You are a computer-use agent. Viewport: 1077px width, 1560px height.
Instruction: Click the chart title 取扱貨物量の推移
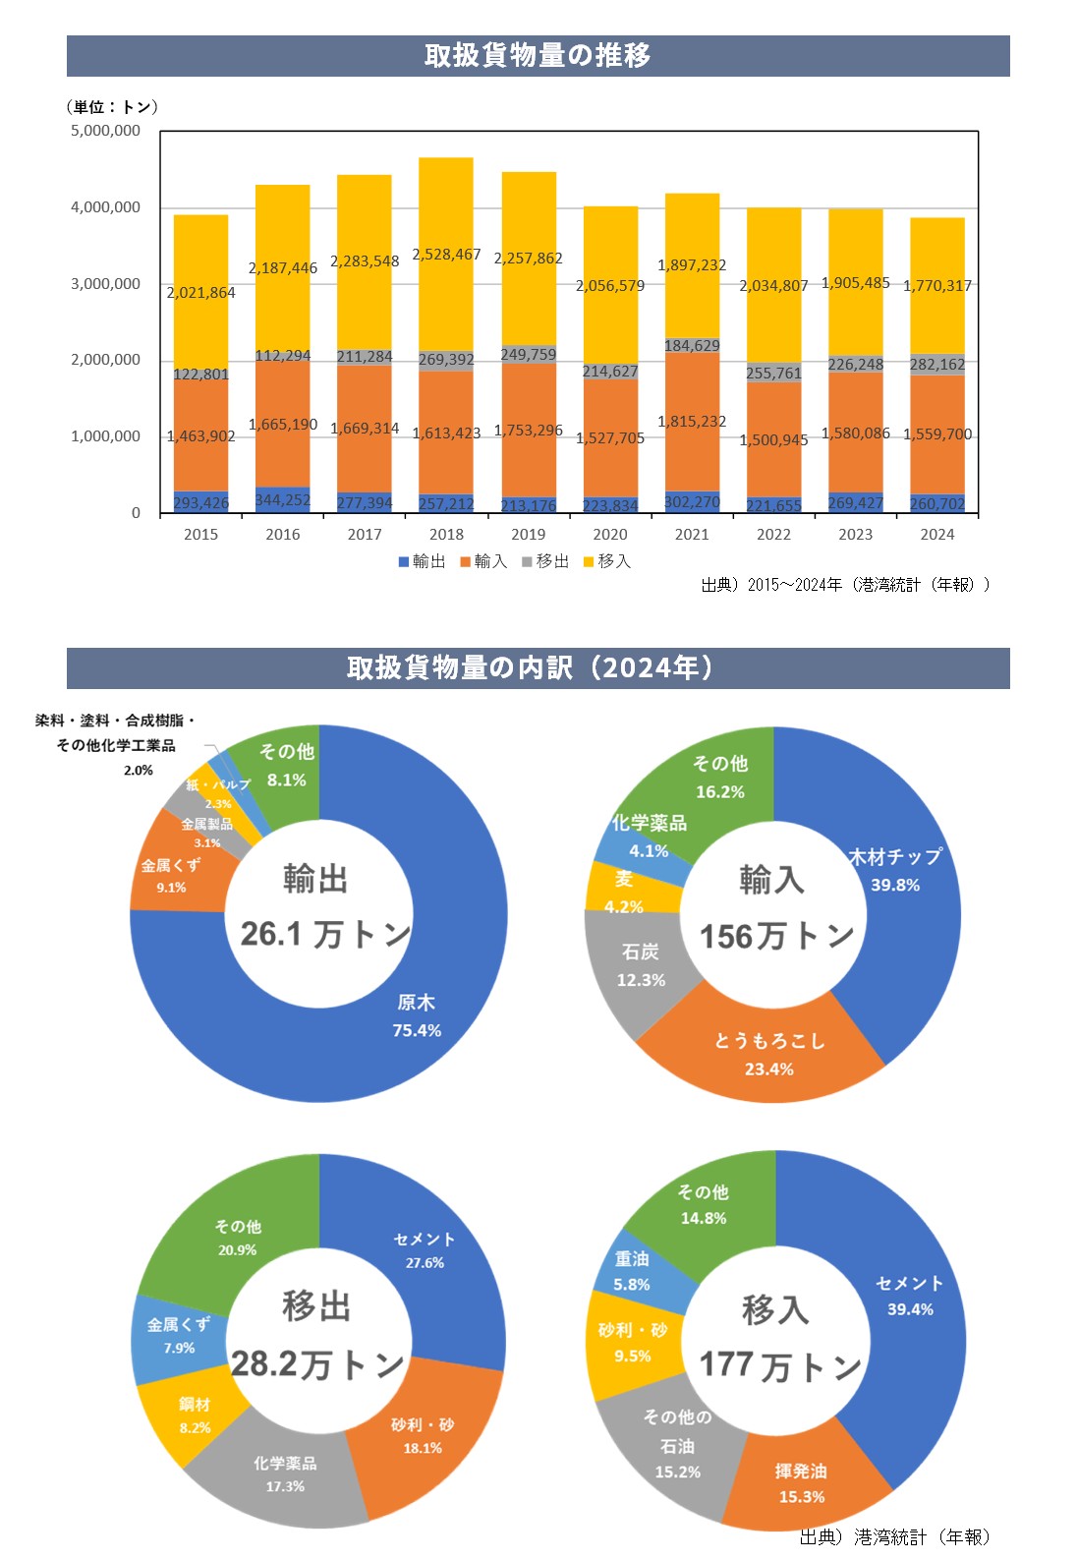coord(538,55)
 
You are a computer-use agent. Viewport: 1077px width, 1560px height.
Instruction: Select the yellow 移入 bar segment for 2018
coord(446,216)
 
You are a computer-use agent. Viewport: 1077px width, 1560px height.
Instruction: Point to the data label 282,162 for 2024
coord(937,365)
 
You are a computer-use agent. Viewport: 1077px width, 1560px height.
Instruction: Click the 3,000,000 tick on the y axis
coord(105,284)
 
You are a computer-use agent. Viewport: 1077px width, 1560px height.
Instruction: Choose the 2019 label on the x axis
coord(528,535)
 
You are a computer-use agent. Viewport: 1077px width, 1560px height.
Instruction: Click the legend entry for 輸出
coord(422,561)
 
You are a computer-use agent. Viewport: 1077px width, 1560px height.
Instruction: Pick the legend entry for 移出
coord(545,561)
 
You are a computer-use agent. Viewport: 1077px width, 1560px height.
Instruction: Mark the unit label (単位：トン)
coord(112,107)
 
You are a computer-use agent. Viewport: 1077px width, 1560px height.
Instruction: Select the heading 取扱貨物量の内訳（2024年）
coord(538,668)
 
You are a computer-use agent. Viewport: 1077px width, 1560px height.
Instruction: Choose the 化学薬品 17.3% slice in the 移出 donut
coord(285,1473)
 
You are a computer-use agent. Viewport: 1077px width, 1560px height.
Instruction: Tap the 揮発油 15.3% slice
coord(801,1482)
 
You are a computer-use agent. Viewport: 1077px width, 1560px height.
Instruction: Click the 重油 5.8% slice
coord(632,1271)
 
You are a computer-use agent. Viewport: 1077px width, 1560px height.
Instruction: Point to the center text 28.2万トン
coord(316,1364)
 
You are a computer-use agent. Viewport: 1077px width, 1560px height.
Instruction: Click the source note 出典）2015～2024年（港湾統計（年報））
coord(845,585)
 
